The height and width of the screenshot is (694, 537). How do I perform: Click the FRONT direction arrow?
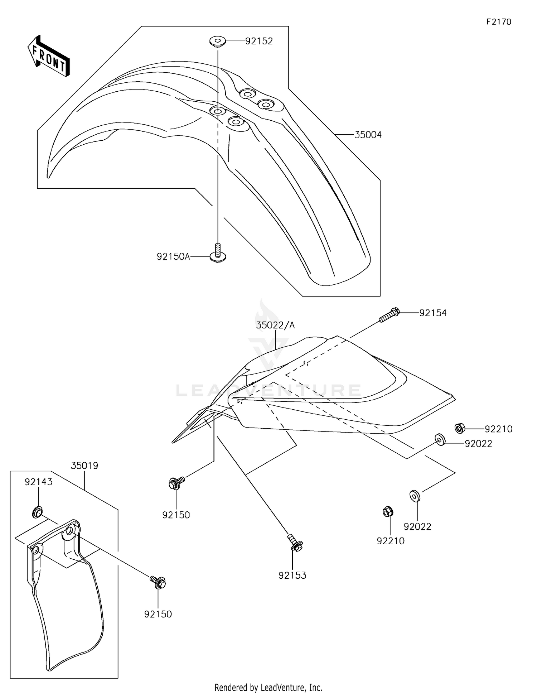coord(49,57)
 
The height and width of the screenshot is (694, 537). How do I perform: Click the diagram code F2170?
coord(499,22)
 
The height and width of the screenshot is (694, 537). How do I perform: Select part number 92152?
coord(259,41)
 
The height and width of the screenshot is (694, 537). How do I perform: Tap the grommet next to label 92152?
coord(217,42)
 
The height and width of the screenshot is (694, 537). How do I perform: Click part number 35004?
coord(368,135)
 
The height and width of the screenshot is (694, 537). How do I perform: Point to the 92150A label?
coord(173,256)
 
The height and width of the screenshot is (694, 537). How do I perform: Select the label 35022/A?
coord(275,325)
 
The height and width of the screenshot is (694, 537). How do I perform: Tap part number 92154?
coord(433,313)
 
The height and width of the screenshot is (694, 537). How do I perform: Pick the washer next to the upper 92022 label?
coord(440,439)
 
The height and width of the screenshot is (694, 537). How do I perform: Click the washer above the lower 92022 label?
coord(415,496)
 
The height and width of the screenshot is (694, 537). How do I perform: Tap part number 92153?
coord(292,575)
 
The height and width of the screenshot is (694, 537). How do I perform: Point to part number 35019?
coord(84,466)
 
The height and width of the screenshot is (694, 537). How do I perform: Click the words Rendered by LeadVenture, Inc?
coord(268,687)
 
